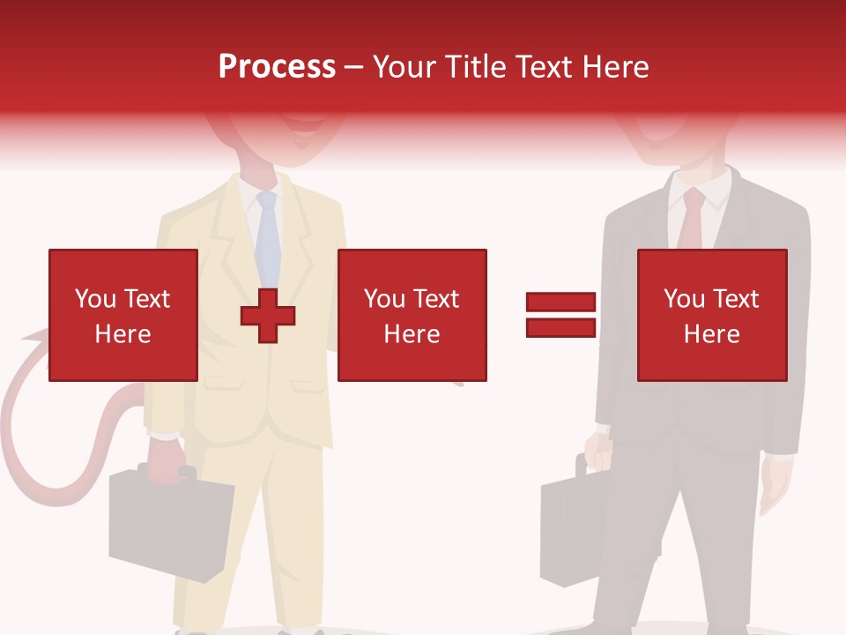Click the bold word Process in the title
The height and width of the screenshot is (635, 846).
coord(277,66)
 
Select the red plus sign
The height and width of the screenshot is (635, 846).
coord(268,316)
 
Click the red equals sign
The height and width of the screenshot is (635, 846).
coord(560,315)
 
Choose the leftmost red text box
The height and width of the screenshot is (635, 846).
coord(122,315)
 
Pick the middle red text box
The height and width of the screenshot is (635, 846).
coord(412,315)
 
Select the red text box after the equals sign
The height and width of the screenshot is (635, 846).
coord(711,315)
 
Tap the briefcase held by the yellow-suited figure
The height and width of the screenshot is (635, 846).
coord(167,520)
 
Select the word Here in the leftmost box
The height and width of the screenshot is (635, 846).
coord(122,334)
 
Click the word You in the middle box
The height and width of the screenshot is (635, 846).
coord(383,299)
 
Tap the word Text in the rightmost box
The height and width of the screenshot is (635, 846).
coord(737,299)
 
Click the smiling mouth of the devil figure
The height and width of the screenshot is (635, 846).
coord(300,132)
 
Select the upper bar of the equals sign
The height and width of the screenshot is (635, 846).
coord(560,303)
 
